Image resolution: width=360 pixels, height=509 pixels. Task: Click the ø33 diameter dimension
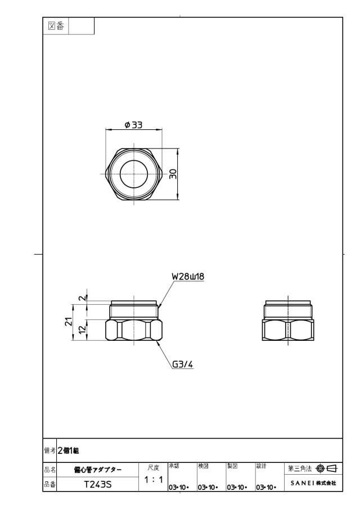click(133, 125)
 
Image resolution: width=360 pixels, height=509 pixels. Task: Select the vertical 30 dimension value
click(173, 174)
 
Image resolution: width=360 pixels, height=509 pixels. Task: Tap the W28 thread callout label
click(188, 277)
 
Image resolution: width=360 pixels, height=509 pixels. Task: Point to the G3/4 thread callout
click(182, 364)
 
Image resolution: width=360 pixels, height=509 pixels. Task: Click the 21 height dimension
click(69, 322)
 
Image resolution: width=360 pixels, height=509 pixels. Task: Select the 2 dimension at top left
click(83, 297)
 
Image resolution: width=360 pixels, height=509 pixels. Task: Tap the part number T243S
click(98, 484)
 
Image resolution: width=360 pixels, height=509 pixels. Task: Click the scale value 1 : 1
click(154, 479)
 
